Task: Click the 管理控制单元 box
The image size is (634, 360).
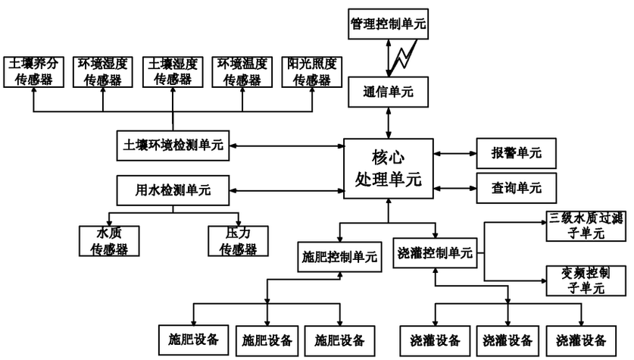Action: [388, 23]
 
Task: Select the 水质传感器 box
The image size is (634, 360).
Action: [109, 241]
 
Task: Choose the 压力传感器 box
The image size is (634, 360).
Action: [238, 241]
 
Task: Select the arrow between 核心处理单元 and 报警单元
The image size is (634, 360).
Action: [454, 153]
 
